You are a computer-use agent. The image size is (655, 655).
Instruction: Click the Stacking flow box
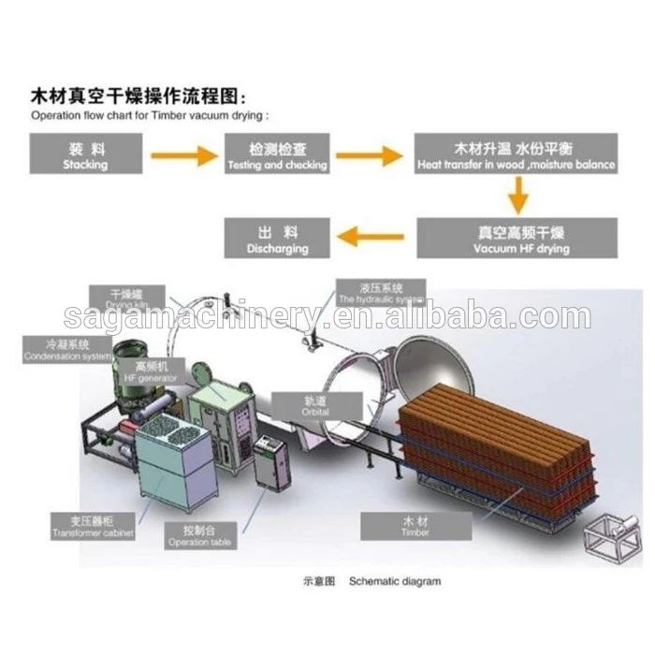coord(85,153)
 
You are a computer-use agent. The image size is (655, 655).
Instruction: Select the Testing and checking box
coord(277,153)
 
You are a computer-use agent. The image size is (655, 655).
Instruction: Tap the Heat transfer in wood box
coord(517,153)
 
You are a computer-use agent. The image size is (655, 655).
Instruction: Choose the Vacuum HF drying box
coord(517,238)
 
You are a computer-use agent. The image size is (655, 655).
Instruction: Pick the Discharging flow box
coord(277,238)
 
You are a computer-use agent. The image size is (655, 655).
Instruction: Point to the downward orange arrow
coord(517,196)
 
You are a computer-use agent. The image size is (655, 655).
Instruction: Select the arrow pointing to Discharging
coord(373,237)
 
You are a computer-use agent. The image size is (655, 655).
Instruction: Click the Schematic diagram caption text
coord(394,581)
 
